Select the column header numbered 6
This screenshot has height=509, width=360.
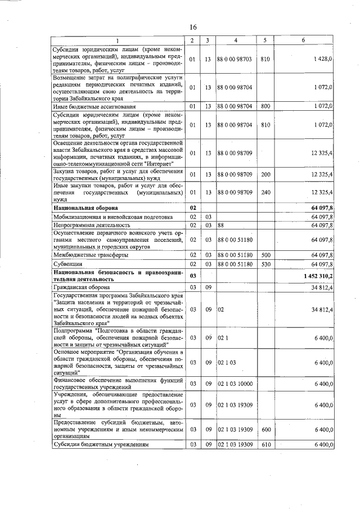pyautogui.click(x=303, y=40)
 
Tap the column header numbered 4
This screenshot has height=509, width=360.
pyautogui.click(x=236, y=40)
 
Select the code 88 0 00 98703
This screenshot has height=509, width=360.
pyautogui.click(x=235, y=58)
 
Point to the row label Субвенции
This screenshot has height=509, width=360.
pyautogui.click(x=67, y=263)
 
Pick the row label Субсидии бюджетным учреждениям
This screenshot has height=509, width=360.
pyautogui.click(x=101, y=444)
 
